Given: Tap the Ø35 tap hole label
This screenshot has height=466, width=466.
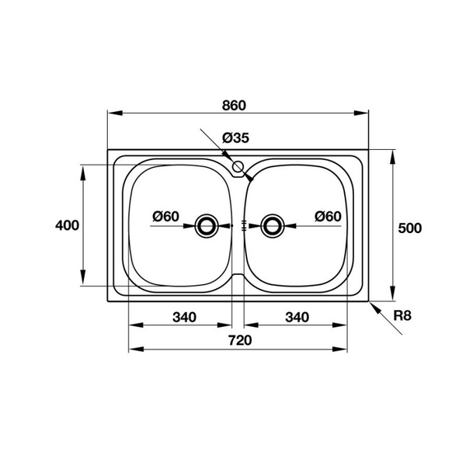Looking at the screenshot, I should click(x=235, y=138).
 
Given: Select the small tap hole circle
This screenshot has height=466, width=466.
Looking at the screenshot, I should click(x=238, y=166).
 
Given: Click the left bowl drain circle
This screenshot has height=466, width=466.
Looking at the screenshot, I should click(x=207, y=225).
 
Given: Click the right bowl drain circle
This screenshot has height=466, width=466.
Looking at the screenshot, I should click(x=272, y=225).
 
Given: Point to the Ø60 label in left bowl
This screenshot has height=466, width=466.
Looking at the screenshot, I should click(x=166, y=216).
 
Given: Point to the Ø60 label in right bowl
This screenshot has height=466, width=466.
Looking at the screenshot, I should click(x=328, y=216).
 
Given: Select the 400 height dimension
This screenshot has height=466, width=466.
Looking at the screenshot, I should click(x=68, y=226).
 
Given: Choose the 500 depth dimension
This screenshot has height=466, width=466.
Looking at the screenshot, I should click(x=409, y=228).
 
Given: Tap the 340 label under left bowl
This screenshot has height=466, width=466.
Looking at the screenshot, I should click(x=184, y=316).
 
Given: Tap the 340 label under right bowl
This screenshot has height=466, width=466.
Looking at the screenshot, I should click(x=297, y=316).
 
